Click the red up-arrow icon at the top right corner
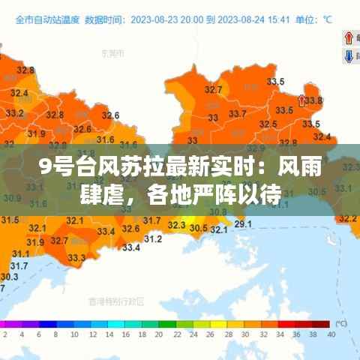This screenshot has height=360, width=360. (x=349, y=37)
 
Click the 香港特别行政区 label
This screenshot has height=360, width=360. (x=115, y=301)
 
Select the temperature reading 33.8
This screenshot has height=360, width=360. (x=313, y=100)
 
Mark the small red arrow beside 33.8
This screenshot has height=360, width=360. (x=301, y=99)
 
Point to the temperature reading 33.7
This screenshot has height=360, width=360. (x=237, y=114)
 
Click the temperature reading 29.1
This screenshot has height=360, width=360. (x=243, y=223)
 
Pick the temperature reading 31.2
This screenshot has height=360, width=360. (x=152, y=238)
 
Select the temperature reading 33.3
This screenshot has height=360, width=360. (x=76, y=258)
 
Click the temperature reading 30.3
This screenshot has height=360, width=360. (x=10, y=277)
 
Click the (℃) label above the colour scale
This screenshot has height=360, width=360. (x=340, y=323)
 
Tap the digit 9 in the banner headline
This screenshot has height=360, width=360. (x=45, y=167)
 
